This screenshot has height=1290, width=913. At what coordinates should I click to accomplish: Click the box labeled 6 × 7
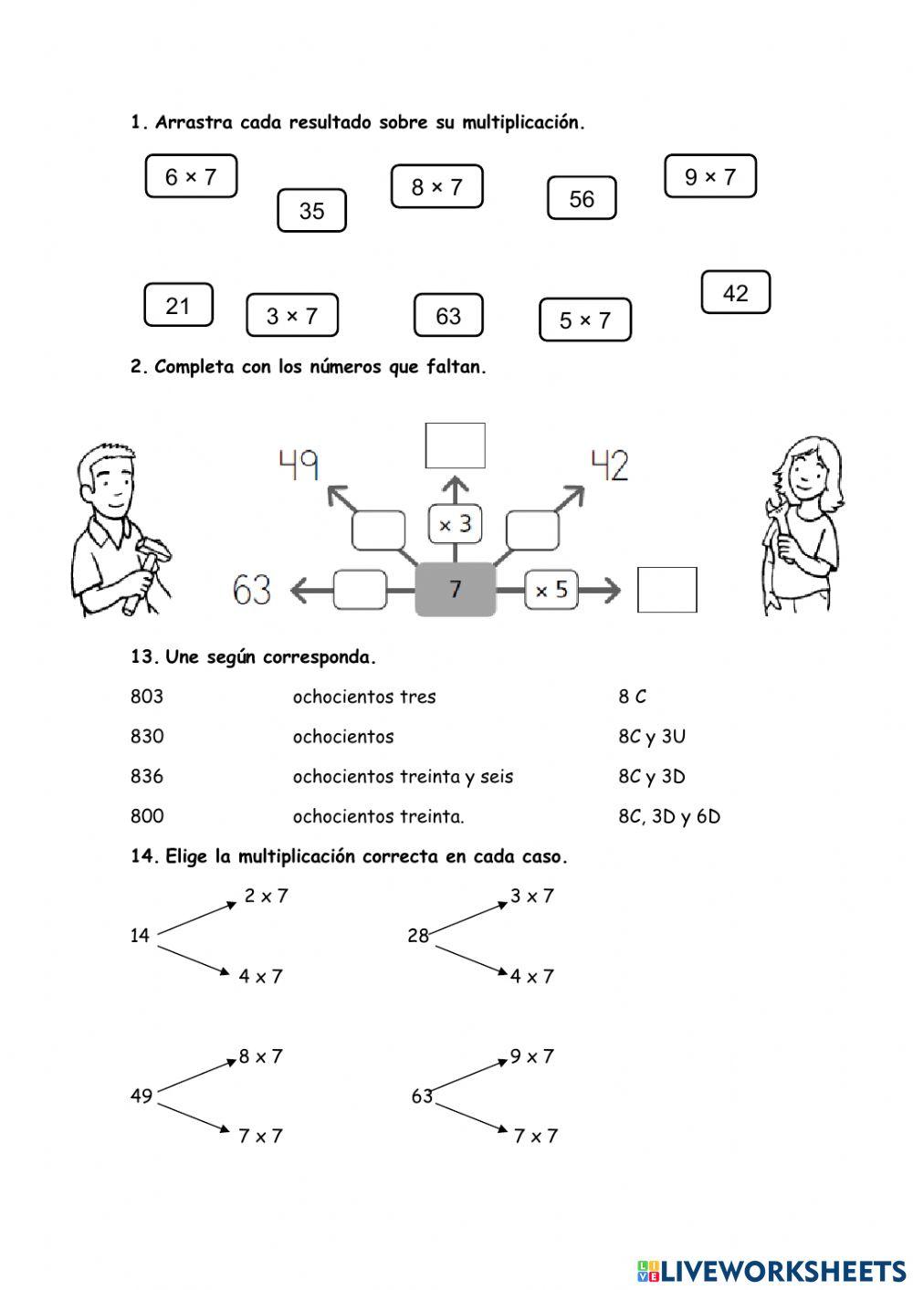191,176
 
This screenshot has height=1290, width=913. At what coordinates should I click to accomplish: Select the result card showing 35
311,211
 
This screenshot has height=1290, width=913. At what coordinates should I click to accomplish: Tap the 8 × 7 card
436,187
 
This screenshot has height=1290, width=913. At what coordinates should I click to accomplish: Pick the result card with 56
582,199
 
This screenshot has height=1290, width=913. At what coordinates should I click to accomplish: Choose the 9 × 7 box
709,176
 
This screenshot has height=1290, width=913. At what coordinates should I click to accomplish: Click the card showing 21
178,305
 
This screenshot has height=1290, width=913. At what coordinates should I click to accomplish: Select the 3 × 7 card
291,316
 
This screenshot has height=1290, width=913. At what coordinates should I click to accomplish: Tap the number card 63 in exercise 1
448,316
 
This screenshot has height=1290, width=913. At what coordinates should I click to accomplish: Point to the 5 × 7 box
584,320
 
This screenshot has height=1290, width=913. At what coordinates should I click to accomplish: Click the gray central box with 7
455,590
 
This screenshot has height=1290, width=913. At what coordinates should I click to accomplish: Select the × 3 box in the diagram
455,524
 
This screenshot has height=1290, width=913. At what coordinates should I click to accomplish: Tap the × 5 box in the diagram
551,590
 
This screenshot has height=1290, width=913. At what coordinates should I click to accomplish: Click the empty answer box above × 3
455,446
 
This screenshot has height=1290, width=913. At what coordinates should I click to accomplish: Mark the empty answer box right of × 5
666,590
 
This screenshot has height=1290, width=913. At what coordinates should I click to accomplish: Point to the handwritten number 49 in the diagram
299,466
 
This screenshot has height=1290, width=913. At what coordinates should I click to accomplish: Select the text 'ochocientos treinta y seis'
403,777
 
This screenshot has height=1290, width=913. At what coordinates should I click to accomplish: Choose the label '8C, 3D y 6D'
668,817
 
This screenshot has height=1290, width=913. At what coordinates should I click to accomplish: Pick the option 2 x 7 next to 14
266,897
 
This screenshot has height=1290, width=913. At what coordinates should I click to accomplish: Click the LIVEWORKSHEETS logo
771,1270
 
